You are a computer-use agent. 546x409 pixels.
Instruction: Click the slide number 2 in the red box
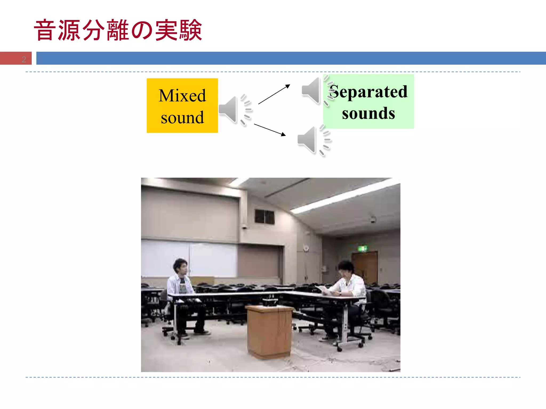pos(24,59)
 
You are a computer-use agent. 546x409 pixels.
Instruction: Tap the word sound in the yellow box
pos(182,117)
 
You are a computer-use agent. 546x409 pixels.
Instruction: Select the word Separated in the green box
pos(368,92)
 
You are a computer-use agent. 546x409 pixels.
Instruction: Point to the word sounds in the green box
pos(368,113)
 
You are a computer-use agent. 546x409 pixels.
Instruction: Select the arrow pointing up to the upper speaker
pos(274,94)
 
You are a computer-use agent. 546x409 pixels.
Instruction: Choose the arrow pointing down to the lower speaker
pos(270,130)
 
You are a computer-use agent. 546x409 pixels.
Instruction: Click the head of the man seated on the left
pos(180,266)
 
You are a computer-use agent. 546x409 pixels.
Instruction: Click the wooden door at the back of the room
pos(365,268)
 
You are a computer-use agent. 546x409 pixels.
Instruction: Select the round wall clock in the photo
pos(306,248)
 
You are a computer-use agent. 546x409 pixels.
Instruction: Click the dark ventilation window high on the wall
pos(264,217)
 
